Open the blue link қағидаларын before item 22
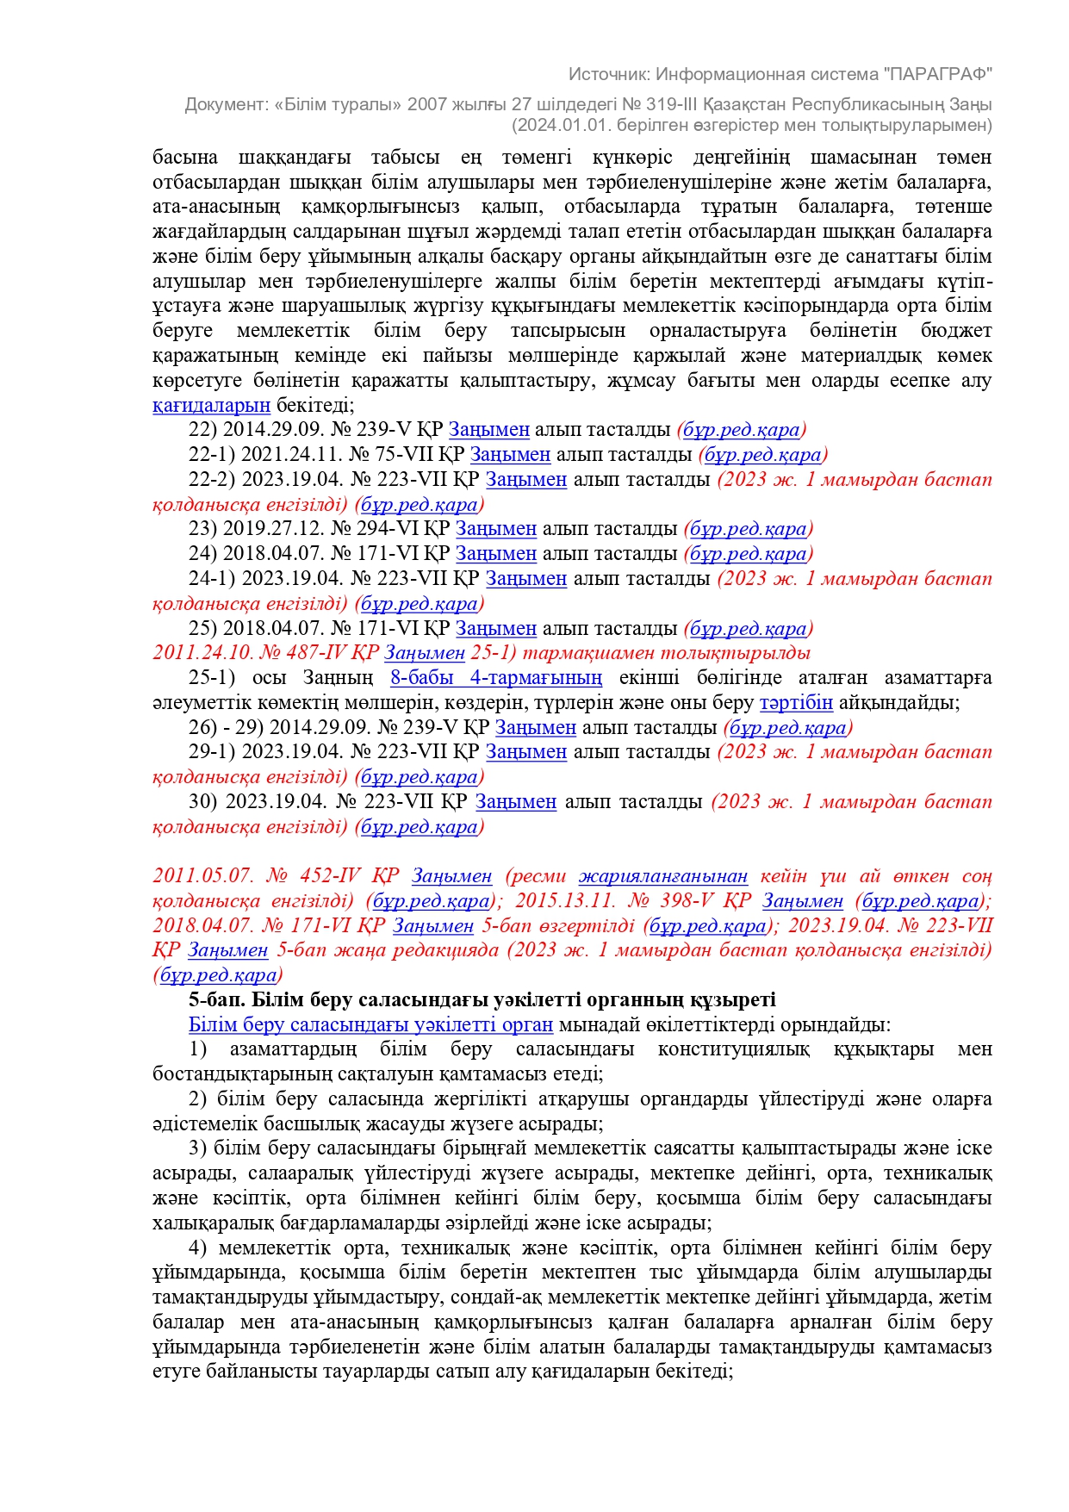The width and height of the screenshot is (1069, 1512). pos(211,405)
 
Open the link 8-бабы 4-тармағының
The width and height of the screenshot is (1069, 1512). pos(496,678)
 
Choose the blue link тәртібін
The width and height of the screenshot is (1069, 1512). pos(796,703)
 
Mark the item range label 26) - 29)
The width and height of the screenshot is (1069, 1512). pos(226,728)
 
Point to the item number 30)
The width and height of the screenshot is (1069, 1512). pos(203,802)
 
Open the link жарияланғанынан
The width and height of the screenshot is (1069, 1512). pos(662,876)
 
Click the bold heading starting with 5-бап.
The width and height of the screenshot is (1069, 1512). pos(482,1000)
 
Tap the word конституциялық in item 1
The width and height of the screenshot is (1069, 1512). pos(733,1049)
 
